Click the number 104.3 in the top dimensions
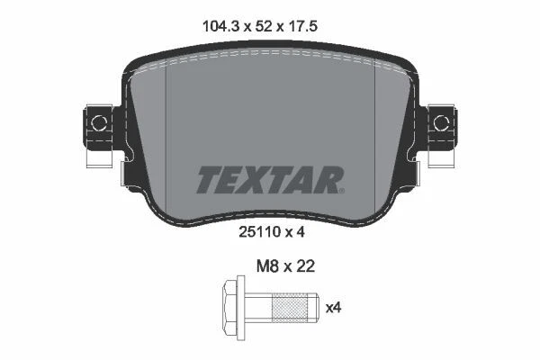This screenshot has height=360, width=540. [219, 28]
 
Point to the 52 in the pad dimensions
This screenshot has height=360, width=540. [268, 28]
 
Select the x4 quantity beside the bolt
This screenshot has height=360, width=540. [333, 309]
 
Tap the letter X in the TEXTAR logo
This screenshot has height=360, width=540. [254, 180]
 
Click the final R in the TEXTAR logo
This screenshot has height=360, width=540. [326, 180]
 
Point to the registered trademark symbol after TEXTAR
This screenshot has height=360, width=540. [341, 189]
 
